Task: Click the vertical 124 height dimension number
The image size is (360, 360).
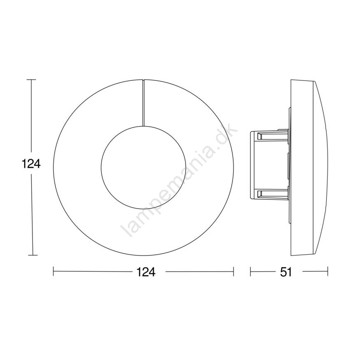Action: click(x=31, y=164)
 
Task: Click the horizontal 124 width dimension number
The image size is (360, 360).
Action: click(x=146, y=272)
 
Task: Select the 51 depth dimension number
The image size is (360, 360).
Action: click(x=286, y=272)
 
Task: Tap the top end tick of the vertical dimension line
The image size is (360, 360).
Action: click(x=31, y=79)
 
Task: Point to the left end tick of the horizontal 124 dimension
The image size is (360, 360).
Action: click(x=53, y=271)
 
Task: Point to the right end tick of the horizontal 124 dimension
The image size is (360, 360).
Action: click(x=234, y=271)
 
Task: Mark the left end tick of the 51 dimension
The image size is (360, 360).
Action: click(x=250, y=271)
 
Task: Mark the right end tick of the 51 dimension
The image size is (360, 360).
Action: click(x=327, y=271)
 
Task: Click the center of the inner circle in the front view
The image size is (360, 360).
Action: click(x=143, y=167)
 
